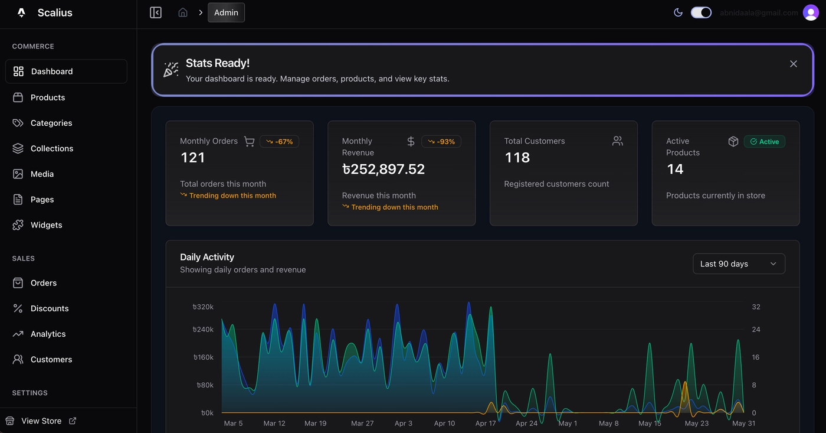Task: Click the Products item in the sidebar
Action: click(x=47, y=97)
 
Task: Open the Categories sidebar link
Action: click(x=51, y=123)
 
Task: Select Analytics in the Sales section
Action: click(x=48, y=334)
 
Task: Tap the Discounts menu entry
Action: click(x=50, y=308)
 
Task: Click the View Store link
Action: click(x=41, y=421)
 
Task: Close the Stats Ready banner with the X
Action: click(x=793, y=64)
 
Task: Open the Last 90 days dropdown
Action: click(x=738, y=264)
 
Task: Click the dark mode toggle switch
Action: click(x=701, y=12)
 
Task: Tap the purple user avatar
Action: click(x=811, y=12)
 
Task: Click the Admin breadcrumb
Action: click(x=226, y=12)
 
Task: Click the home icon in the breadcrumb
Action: click(x=183, y=12)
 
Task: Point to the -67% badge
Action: click(x=279, y=142)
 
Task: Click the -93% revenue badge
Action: click(x=441, y=142)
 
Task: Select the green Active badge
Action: click(x=764, y=142)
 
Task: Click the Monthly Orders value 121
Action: click(x=192, y=158)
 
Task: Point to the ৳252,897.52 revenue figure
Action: click(x=383, y=170)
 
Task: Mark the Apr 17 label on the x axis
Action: click(x=486, y=424)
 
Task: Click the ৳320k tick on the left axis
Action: click(x=203, y=307)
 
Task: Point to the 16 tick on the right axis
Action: click(x=756, y=357)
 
